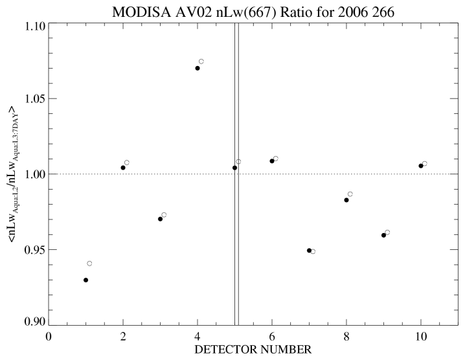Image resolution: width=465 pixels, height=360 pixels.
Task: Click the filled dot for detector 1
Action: [85, 280]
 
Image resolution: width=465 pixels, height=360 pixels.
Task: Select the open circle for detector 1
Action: [89, 264]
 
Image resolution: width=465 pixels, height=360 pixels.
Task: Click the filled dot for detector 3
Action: [160, 219]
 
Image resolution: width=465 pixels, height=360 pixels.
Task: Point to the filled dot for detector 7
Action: [309, 250]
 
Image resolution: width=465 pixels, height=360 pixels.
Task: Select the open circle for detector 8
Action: [350, 194]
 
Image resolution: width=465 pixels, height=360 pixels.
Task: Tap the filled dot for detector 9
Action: [383, 235]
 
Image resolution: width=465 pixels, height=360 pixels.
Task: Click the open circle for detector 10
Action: [425, 164]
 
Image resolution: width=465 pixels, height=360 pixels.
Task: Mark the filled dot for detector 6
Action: [272, 161]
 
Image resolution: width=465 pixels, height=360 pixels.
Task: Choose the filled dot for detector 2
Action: [123, 168]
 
